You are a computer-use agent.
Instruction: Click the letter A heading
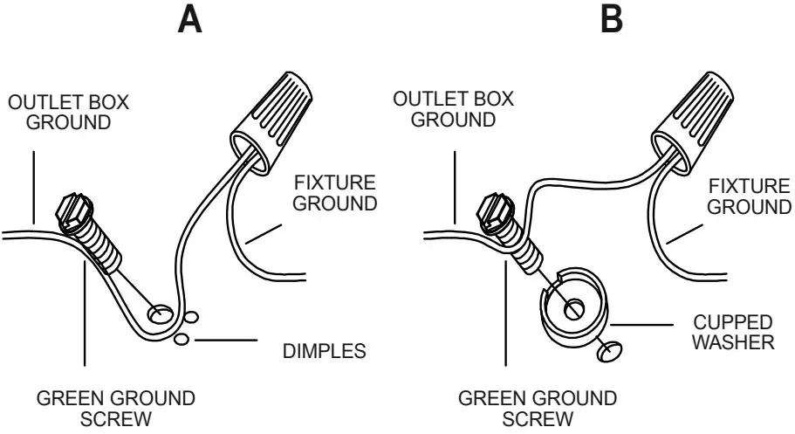coord(189,19)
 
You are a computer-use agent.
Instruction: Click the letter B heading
coord(613,19)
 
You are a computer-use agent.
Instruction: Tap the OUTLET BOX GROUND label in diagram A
coord(68,112)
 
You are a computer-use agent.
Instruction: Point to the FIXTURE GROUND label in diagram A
coord(334,193)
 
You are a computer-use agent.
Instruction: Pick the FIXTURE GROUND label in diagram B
coord(749,196)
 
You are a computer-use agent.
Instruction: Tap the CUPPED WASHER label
coord(731,332)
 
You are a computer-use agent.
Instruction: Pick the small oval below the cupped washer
coord(607,351)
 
